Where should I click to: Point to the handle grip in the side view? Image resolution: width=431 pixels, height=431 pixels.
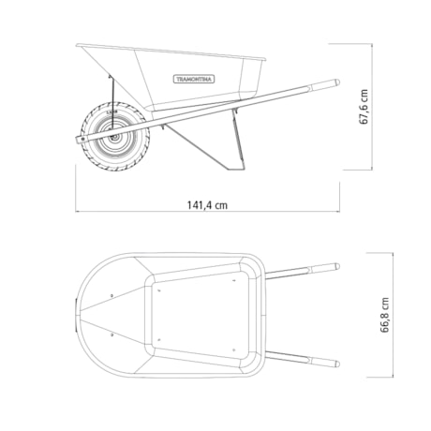point(324,86)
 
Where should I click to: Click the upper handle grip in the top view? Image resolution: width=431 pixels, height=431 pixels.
point(324,267)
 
